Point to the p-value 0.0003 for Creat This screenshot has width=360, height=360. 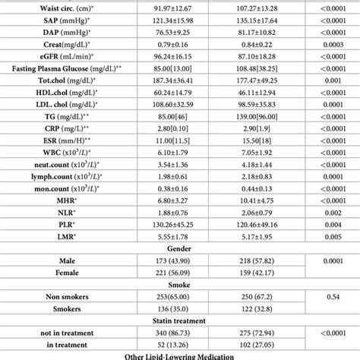(325, 47)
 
